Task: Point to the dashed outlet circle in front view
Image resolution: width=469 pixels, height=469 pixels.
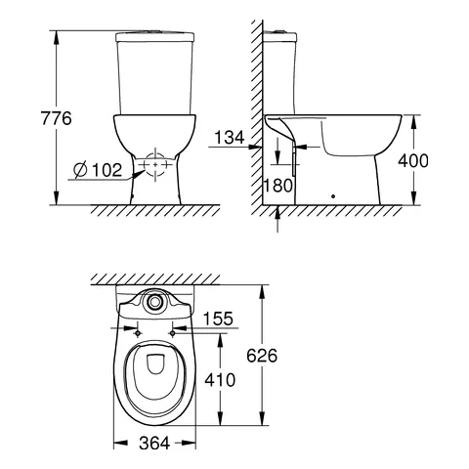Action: pos(153,167)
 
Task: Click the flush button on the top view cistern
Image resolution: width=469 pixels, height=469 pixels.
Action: pos(153,302)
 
